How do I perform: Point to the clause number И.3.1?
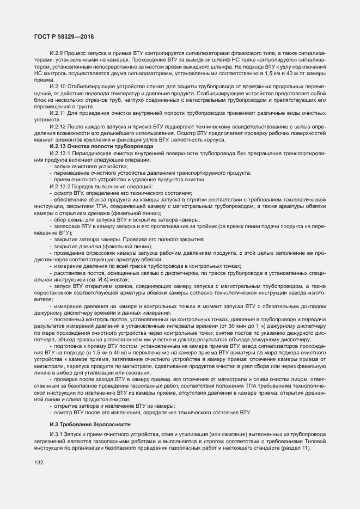click(x=56, y=434)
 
